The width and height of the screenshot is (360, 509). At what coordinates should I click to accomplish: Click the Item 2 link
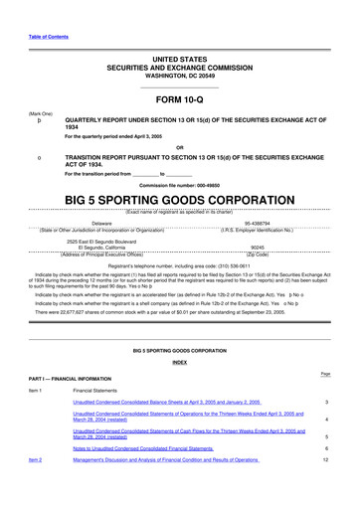(35, 460)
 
